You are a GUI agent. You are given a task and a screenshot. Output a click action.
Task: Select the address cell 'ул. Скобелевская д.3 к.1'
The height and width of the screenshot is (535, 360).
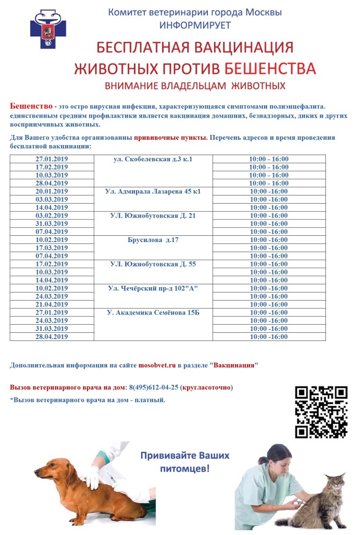tap(153, 159)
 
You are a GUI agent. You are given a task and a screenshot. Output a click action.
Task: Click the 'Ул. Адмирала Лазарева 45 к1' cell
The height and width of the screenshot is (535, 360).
tap(153, 191)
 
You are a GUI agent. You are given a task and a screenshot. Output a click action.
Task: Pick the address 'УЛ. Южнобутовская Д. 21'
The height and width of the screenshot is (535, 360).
tap(153, 216)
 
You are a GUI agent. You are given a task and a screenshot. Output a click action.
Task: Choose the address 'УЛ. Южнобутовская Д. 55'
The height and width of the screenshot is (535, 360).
tap(153, 264)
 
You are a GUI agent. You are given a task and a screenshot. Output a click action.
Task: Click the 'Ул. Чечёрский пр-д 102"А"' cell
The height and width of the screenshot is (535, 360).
tap(153, 288)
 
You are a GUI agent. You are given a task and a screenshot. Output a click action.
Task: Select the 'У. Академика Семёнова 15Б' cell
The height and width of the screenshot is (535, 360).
tap(153, 313)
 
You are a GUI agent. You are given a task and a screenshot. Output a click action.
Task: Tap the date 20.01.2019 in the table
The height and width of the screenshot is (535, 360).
tap(52, 191)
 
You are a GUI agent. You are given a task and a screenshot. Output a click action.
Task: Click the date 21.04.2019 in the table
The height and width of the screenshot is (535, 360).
tap(52, 304)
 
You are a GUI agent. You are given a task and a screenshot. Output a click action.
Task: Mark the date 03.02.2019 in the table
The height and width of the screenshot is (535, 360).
tap(52, 216)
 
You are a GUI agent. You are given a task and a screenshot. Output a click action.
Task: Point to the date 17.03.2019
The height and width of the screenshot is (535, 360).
tap(52, 248)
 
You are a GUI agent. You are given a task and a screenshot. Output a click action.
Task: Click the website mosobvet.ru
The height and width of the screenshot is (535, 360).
tap(157, 365)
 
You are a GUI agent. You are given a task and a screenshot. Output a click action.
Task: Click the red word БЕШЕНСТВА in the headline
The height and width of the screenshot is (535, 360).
tap(270, 68)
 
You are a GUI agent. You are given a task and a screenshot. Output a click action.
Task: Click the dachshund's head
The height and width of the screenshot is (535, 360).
tap(51, 468)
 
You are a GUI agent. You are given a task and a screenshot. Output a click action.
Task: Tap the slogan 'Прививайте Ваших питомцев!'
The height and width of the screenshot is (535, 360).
tap(185, 461)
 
